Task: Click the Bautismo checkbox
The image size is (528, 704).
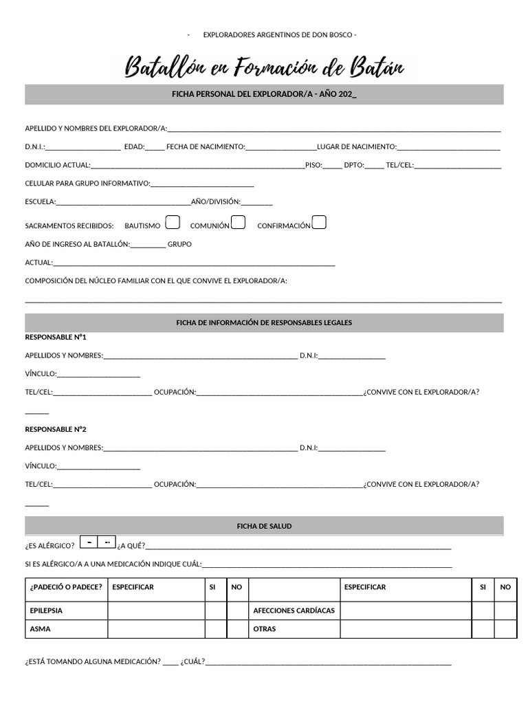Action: tap(173, 222)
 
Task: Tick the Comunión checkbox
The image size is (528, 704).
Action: tap(238, 222)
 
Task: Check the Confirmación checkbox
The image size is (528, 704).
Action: tap(319, 222)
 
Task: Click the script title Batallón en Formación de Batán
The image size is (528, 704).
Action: tap(269, 67)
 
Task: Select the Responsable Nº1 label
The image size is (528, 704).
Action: tap(56, 338)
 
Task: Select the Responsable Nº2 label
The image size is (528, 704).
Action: tap(56, 429)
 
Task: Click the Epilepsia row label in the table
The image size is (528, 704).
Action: tap(46, 610)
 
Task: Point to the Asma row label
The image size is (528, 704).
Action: tap(40, 628)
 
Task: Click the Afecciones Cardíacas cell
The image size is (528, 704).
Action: tap(294, 610)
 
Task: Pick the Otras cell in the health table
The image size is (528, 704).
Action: tap(265, 628)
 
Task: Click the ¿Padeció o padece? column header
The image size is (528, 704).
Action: tap(66, 587)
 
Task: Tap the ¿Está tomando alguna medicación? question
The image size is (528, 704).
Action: tap(92, 662)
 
